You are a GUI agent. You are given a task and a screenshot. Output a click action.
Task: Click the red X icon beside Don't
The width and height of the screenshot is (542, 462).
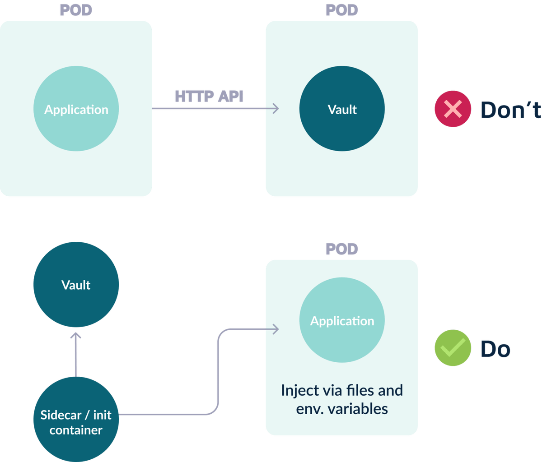[x=453, y=109]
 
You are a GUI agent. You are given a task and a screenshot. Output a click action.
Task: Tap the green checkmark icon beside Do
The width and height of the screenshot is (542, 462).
[x=453, y=348]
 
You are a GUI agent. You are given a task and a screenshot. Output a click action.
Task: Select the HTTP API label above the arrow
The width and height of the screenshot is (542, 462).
[x=209, y=97]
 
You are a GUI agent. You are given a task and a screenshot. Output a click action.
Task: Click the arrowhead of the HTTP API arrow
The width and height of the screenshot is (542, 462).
[x=275, y=108]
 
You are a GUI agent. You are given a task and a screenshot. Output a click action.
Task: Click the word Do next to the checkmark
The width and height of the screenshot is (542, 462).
[x=495, y=349]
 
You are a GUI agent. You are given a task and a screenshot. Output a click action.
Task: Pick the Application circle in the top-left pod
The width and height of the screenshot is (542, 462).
[x=76, y=109]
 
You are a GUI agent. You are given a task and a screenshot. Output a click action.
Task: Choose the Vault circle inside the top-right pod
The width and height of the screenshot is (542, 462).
[x=342, y=109]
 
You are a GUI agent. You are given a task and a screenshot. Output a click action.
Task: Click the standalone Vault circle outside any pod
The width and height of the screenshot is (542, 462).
[x=76, y=285]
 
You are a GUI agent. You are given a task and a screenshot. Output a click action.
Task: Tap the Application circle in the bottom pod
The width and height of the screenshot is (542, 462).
[x=342, y=321]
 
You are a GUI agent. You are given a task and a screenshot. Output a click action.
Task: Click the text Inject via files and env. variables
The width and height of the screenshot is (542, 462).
[x=342, y=399]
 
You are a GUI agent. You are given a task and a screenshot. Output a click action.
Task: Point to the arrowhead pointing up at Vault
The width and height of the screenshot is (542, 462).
[x=76, y=337]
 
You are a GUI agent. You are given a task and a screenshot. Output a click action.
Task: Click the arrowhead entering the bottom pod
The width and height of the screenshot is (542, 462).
[x=275, y=329]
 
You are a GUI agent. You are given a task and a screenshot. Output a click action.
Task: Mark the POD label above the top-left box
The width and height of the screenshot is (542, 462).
[x=76, y=10]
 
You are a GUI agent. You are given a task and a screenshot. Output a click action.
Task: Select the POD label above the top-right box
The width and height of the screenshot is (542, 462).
[x=342, y=10]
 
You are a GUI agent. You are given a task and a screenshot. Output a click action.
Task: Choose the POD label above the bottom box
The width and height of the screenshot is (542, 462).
[x=342, y=249]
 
